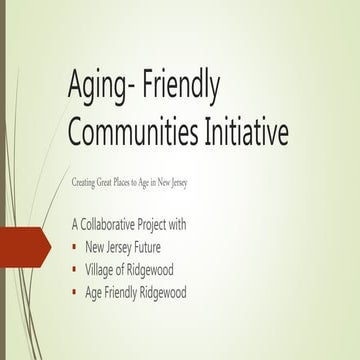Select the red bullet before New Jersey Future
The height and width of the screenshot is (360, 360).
(x=76, y=245)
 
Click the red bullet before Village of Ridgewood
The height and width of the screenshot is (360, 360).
(x=76, y=269)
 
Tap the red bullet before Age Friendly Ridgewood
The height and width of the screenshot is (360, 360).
(x=76, y=292)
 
